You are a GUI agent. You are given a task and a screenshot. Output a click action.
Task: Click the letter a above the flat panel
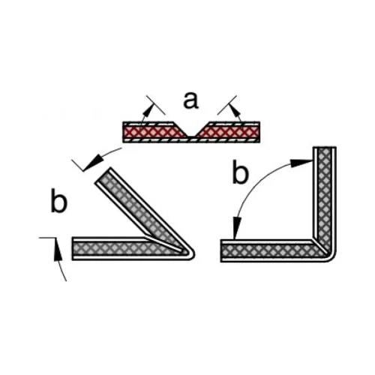coord(190,100)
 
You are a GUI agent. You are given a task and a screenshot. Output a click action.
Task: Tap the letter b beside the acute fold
coord(59,201)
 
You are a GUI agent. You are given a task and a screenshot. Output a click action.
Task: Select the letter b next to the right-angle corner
coord(240,172)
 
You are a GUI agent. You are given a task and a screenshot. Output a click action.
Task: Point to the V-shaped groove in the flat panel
coord(191,130)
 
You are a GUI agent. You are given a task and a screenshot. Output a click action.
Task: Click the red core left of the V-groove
coord(153,132)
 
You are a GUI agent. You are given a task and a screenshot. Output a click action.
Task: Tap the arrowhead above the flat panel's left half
coord(148,109)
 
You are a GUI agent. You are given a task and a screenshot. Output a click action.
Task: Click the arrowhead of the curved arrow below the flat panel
coord(93,162)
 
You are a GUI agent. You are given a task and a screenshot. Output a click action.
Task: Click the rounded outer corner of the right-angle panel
coord(332,257)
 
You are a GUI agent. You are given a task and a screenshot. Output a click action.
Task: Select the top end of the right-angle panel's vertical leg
coord(325,148)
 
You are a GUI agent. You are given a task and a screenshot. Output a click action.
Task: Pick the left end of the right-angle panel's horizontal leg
coord(221,250)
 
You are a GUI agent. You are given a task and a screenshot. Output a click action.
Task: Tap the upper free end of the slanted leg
coord(102,175)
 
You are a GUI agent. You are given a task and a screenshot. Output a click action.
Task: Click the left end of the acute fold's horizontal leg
coord(73,248)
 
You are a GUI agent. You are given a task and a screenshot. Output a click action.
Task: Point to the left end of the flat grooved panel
coord(123,132)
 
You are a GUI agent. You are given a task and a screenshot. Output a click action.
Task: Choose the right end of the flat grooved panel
coord(259,132)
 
